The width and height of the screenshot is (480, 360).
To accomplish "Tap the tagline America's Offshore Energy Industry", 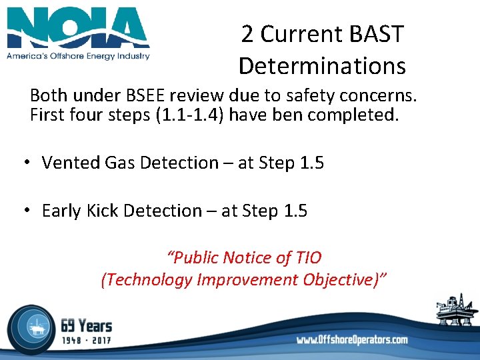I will tap(78, 56).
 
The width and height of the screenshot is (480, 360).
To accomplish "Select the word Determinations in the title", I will tap(321, 66).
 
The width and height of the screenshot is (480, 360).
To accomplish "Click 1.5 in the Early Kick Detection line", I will tap(295, 211).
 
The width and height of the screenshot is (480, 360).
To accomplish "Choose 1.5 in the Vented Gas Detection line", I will tap(311, 163).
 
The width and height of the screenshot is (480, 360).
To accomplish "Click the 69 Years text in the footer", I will tap(87, 326).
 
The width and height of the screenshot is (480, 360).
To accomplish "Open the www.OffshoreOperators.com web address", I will tap(352, 340).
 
